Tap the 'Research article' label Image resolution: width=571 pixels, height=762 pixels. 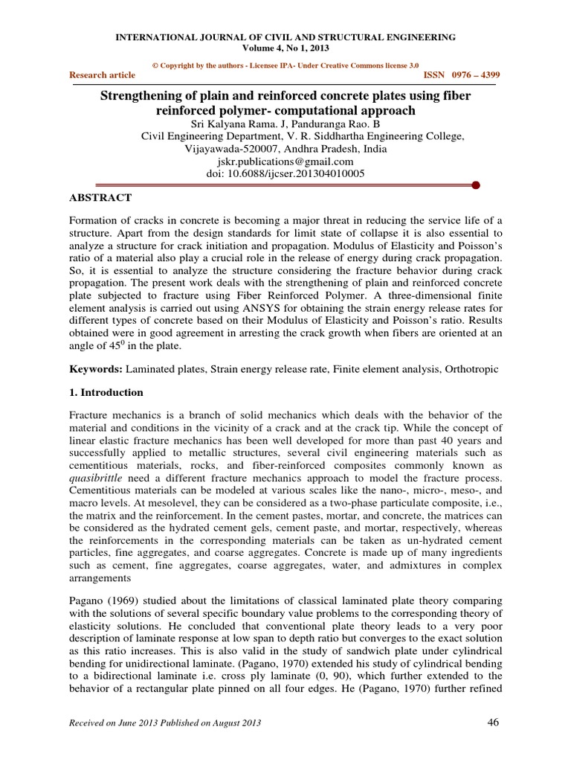click(x=103, y=75)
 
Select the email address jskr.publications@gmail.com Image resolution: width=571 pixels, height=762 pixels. click(x=285, y=161)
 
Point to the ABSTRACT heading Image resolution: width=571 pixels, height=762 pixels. click(x=100, y=198)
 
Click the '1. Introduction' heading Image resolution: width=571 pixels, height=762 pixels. click(x=106, y=392)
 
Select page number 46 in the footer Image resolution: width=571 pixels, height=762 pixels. click(x=494, y=722)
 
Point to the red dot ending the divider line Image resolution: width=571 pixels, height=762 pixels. click(x=475, y=185)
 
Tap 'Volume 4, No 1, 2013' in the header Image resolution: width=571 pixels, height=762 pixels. click(x=285, y=48)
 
